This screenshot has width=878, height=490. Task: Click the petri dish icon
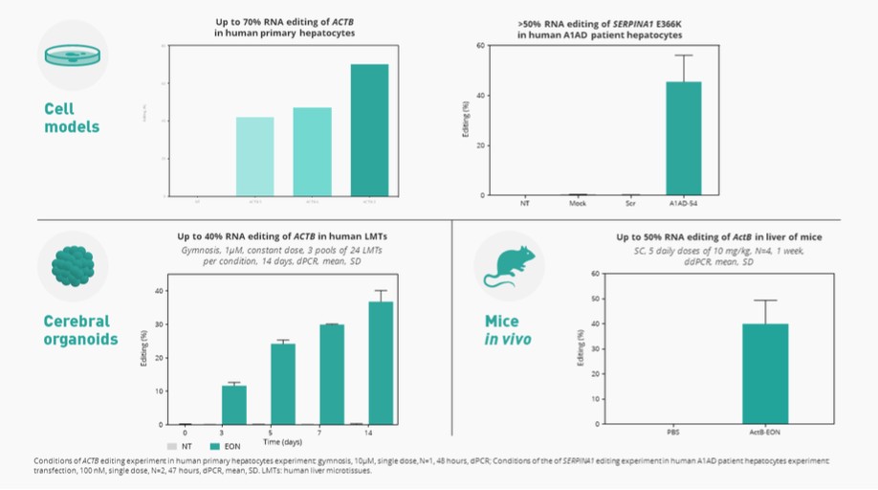coord(72,55)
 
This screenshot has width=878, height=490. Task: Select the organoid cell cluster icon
coord(72,266)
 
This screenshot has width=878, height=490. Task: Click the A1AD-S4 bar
coord(683,139)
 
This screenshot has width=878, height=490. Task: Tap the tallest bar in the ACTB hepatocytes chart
coord(368,130)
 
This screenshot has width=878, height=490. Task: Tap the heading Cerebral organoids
coord(77,329)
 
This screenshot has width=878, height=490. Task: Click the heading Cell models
coord(72,118)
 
